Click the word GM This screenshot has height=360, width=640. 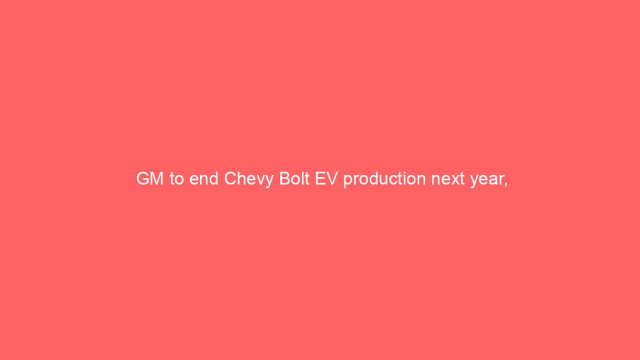[x=150, y=179]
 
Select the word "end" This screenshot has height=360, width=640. [x=204, y=179]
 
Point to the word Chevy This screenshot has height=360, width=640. [x=249, y=180]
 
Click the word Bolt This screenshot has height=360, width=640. [x=294, y=179]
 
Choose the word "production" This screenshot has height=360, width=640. [x=384, y=180]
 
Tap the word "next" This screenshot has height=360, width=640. [x=447, y=179]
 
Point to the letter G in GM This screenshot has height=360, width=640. [x=143, y=179]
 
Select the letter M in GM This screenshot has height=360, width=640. [x=157, y=179]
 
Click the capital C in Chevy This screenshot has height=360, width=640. [x=231, y=179]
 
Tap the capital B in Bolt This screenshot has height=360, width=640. [x=284, y=179]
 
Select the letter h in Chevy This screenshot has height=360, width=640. [x=243, y=179]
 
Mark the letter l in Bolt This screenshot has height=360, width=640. [x=302, y=179]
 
